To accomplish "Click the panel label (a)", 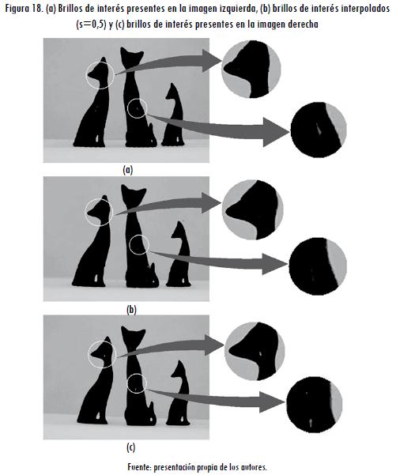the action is click(128, 170).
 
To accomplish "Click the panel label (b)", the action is click(131, 310).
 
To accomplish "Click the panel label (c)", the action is click(130, 447).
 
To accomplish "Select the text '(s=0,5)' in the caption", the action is click(91, 25).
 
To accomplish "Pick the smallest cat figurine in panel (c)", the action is click(179, 394).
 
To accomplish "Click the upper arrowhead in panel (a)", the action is click(213, 61).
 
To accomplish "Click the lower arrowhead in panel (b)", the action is click(275, 265).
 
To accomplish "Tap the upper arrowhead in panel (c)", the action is click(215, 345).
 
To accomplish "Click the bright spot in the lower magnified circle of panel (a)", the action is click(319, 129).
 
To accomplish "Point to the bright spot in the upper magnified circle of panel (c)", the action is click(260, 353).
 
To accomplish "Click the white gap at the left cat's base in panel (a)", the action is click(96, 139).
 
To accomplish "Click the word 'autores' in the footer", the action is click(255, 467).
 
